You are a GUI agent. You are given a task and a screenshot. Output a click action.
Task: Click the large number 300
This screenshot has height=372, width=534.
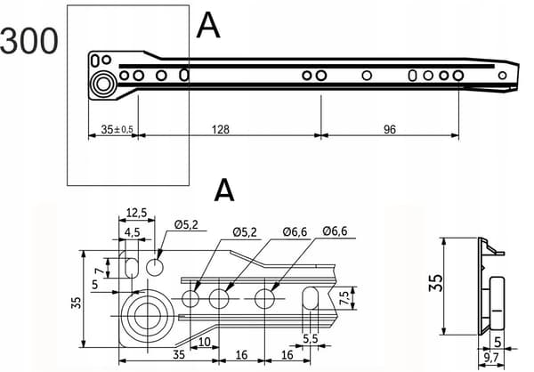[29, 41]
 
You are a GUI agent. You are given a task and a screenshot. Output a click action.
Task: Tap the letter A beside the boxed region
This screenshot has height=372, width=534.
[208, 26]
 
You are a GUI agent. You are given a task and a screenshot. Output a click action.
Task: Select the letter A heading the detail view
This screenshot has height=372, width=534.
[224, 190]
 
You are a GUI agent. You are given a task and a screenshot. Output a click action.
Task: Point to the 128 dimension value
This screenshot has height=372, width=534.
[221, 129]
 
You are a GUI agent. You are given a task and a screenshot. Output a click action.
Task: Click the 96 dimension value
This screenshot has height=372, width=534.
[390, 129]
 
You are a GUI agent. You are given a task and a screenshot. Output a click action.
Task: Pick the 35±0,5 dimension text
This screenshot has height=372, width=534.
[117, 129]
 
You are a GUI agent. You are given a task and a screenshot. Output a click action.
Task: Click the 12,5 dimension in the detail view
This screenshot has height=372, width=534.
[136, 213]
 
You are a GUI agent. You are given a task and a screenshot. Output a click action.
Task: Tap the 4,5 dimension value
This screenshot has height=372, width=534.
[132, 232]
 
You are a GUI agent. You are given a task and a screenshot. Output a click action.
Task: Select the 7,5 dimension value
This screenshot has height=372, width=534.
[344, 298]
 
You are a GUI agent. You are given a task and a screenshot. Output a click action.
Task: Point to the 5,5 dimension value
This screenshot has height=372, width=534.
[310, 338]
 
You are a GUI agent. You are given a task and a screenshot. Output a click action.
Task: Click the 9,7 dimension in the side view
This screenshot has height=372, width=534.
[491, 358]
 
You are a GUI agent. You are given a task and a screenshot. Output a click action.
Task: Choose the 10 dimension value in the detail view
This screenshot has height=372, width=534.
[205, 342]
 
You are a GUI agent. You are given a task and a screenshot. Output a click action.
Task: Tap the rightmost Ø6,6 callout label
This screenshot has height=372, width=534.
[336, 231]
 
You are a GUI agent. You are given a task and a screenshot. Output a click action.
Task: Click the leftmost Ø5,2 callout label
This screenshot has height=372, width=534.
[186, 225]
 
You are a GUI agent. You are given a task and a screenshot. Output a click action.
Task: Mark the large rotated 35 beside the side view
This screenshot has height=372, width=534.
[435, 283]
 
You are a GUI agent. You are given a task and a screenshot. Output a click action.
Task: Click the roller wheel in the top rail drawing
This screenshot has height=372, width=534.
[103, 84]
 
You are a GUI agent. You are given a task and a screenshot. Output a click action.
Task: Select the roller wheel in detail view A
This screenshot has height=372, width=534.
[148, 316]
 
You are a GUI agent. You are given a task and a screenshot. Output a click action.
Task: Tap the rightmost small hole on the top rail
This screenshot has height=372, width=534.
[502, 76]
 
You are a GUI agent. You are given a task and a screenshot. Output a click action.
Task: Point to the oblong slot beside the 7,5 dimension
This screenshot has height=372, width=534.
[311, 298]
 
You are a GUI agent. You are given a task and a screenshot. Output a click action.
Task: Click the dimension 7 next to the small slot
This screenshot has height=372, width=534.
[99, 271]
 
